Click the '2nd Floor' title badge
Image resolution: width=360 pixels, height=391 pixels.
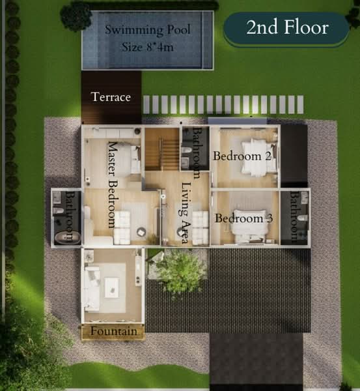point(287,27)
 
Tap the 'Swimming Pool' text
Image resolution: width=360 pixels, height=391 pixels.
point(148,29)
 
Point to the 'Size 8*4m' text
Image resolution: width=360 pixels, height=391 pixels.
point(148,47)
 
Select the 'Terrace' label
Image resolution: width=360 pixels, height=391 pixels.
point(111,97)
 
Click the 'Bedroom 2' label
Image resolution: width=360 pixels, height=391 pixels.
point(232,156)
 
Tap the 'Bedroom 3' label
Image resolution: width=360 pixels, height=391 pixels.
point(243,218)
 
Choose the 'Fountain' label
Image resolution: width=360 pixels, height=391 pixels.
point(114,332)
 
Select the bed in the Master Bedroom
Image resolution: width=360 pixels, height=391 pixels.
point(131,160)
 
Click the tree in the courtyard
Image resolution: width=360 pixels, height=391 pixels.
point(180,270)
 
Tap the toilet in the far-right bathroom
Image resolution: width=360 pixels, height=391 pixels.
point(302,219)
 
